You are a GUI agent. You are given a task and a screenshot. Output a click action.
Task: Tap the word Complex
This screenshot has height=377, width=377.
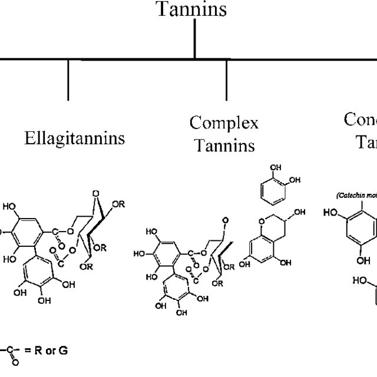click(x=223, y=123)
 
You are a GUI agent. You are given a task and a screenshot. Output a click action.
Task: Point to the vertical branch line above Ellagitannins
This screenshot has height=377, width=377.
click(x=68, y=79)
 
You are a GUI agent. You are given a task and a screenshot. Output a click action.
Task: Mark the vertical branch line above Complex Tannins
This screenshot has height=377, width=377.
click(x=227, y=79)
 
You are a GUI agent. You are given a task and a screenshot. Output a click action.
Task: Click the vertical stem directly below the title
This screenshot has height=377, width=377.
click(x=195, y=41)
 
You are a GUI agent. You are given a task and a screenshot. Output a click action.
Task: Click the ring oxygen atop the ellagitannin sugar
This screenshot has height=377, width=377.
click(x=94, y=193)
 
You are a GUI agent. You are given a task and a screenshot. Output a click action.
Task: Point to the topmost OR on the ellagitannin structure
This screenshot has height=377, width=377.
click(x=118, y=204)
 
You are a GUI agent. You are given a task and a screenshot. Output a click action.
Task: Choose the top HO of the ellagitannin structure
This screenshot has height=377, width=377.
click(x=10, y=207)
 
